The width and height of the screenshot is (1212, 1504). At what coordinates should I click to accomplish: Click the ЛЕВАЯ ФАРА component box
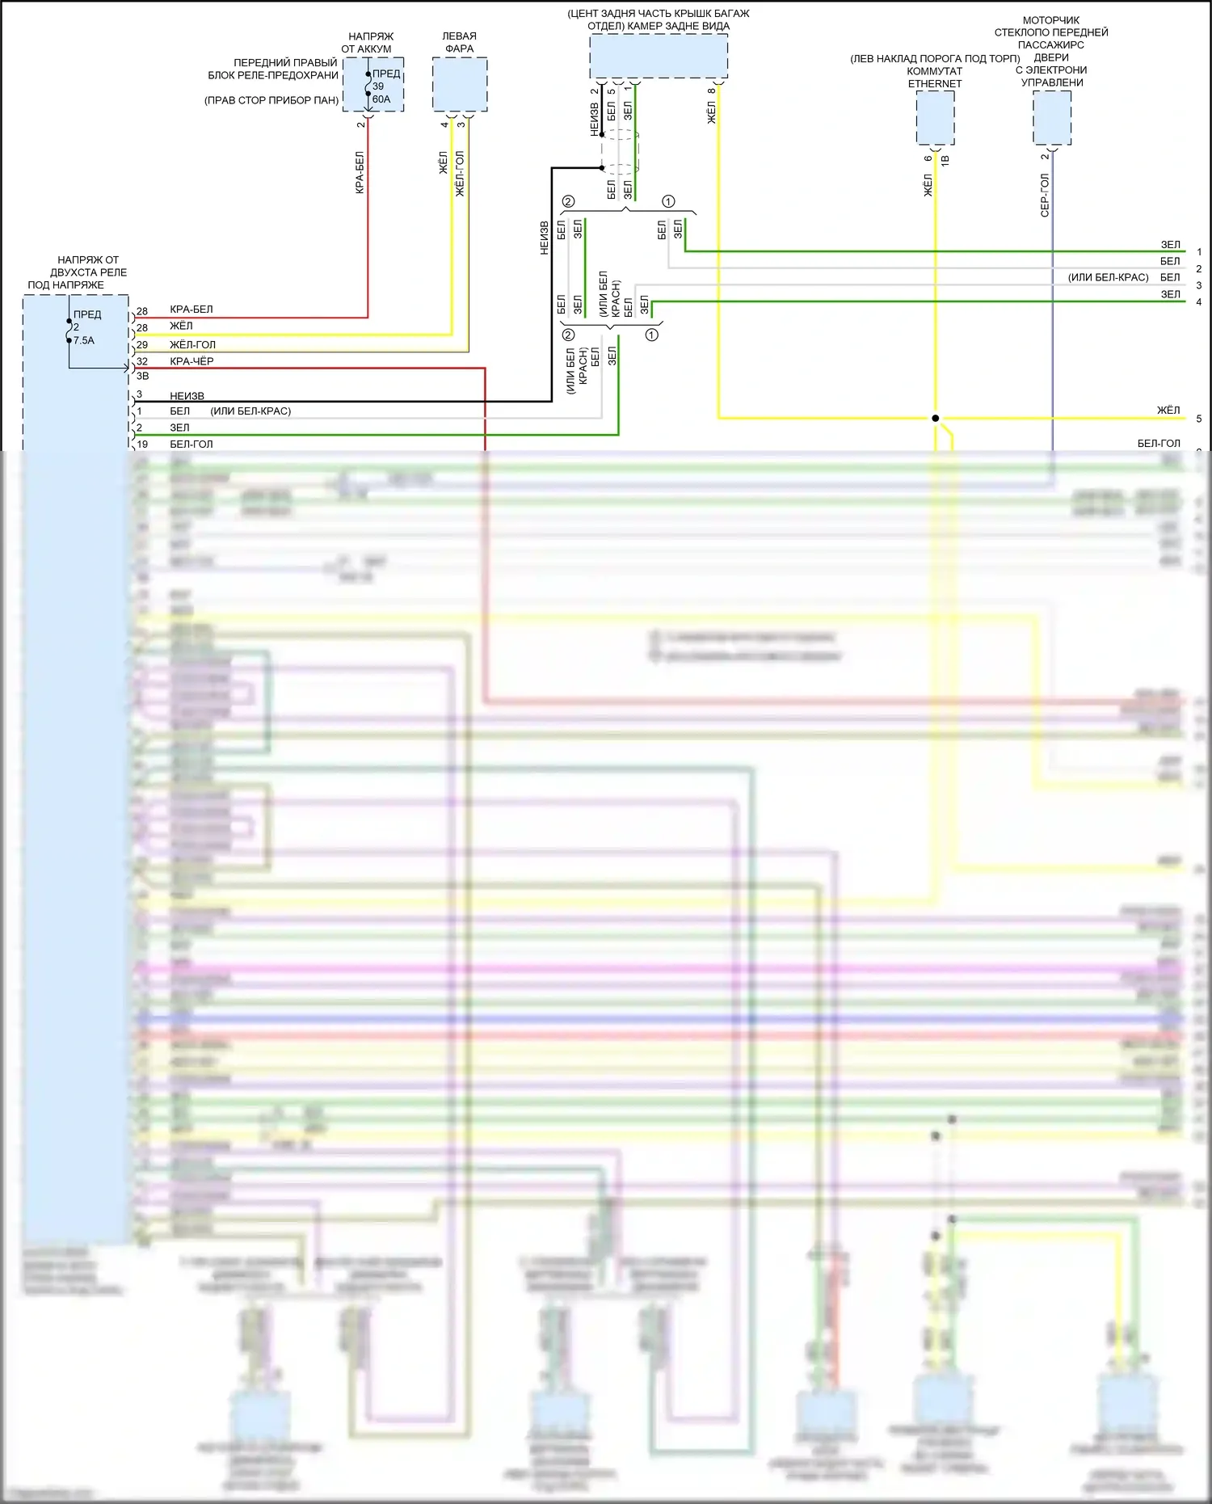pyautogui.click(x=460, y=84)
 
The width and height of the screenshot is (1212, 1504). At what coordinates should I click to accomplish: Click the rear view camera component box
pyautogui.click(x=659, y=56)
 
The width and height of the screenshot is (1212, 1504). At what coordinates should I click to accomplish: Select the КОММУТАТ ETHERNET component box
pyautogui.click(x=935, y=117)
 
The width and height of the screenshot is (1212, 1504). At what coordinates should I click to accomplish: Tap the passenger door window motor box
pyautogui.click(x=1052, y=117)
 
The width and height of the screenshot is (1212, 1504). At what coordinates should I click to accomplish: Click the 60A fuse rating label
pyautogui.click(x=381, y=99)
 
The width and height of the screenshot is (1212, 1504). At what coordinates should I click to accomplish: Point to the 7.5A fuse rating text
pyautogui.click(x=84, y=340)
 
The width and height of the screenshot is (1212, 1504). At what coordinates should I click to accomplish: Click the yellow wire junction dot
pyautogui.click(x=935, y=419)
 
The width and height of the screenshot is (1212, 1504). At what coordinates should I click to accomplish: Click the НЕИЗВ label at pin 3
pyautogui.click(x=187, y=396)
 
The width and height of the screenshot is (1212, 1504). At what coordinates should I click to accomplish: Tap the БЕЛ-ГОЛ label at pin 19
pyautogui.click(x=191, y=444)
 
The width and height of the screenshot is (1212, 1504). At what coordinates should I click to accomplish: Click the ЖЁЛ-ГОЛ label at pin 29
pyautogui.click(x=192, y=345)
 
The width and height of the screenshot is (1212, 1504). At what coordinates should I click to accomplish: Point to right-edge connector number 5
pyautogui.click(x=1199, y=419)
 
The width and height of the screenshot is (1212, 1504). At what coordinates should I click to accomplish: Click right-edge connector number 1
pyautogui.click(x=1199, y=252)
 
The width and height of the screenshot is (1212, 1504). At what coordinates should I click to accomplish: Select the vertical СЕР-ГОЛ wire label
pyautogui.click(x=1045, y=195)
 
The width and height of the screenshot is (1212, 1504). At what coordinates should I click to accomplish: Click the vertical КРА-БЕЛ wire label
pyautogui.click(x=360, y=172)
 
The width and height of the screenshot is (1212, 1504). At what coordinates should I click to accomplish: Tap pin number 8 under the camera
pyautogui.click(x=711, y=91)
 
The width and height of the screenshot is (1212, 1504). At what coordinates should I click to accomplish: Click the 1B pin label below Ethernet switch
pyautogui.click(x=945, y=160)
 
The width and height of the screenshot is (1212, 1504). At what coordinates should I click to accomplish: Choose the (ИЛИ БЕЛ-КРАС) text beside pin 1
pyautogui.click(x=250, y=411)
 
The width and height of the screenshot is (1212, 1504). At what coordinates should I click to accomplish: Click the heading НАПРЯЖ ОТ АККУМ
pyautogui.click(x=371, y=43)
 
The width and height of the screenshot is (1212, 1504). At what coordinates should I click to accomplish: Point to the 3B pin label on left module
pyautogui.click(x=142, y=376)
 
